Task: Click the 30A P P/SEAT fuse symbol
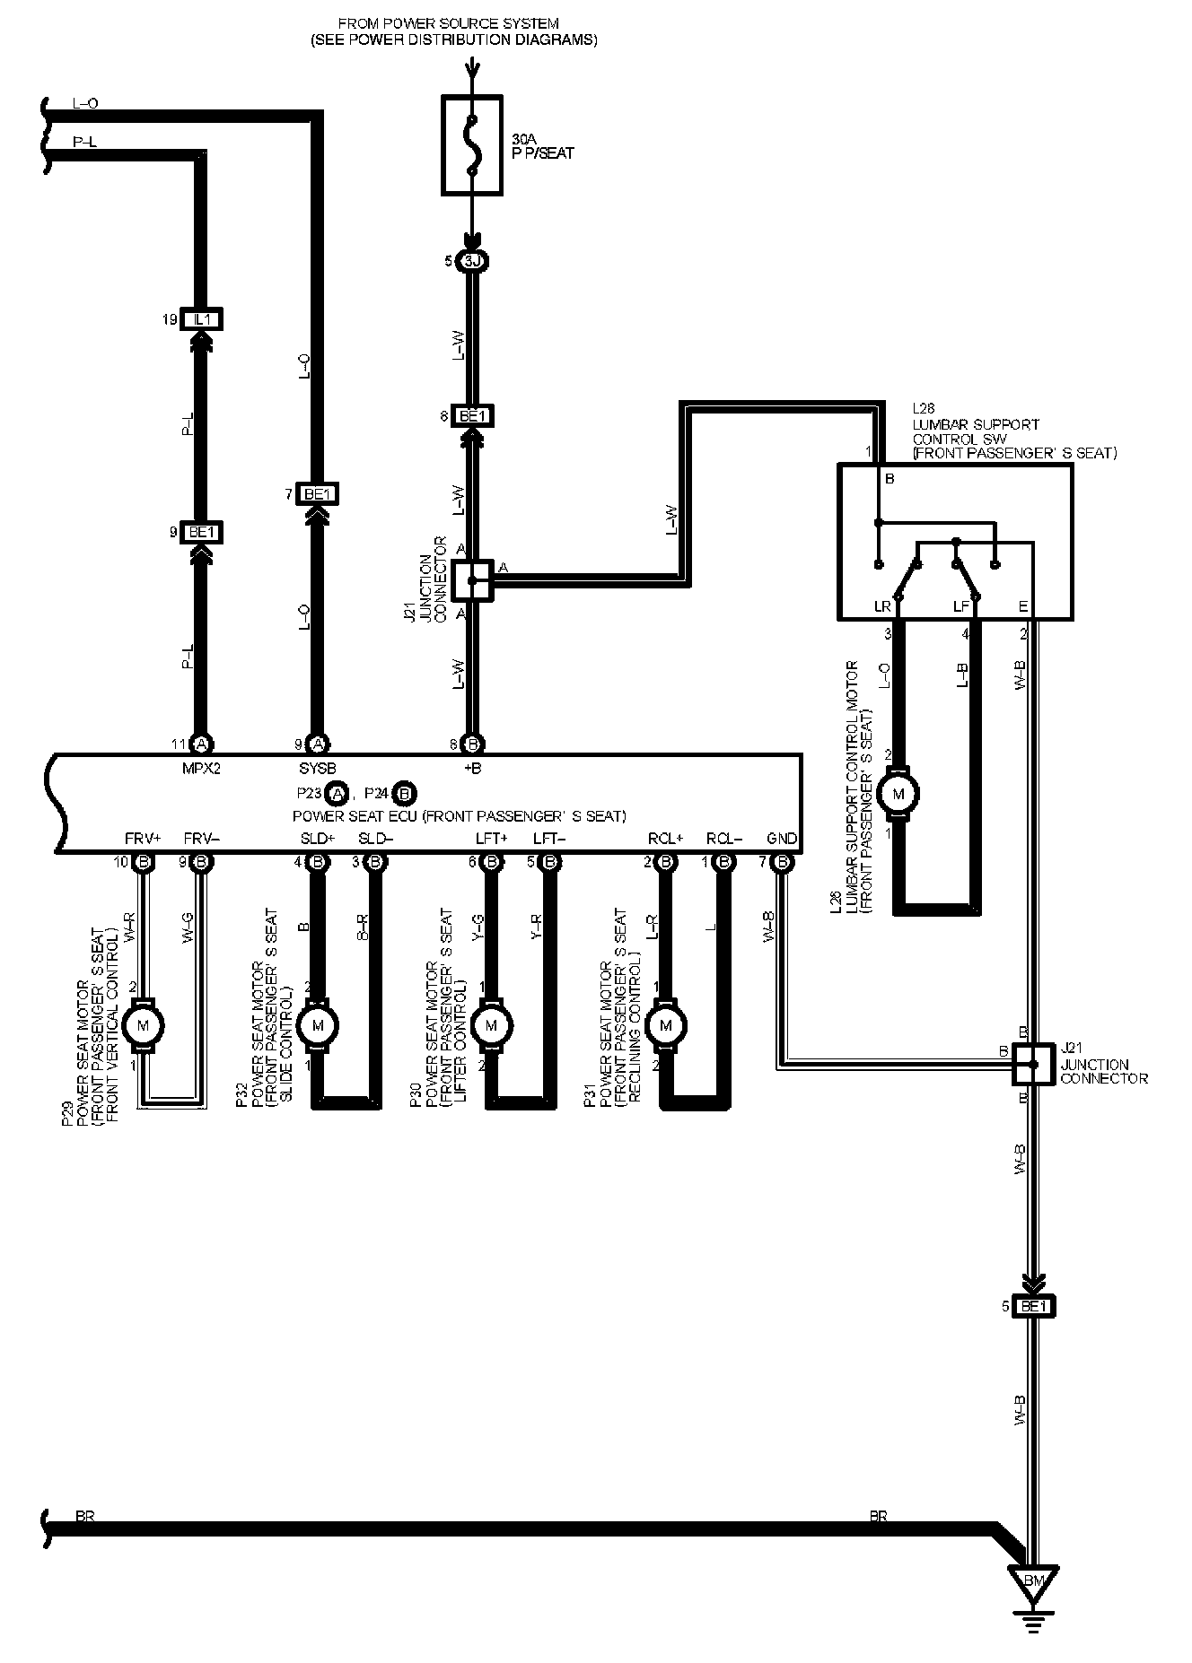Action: [472, 144]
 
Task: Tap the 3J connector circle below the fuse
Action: [472, 262]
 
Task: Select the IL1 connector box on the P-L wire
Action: [202, 319]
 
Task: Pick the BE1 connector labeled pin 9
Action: [202, 533]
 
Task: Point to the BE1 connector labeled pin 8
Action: [472, 416]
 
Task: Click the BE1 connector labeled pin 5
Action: [1034, 1306]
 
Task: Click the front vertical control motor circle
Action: [142, 1024]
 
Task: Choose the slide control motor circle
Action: [317, 1024]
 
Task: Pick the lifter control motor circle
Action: [490, 1024]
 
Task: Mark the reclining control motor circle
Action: [665, 1024]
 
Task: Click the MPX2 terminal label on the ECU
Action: [201, 769]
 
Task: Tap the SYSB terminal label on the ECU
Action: [317, 769]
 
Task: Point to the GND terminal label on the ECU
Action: [782, 839]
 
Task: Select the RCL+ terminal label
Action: [666, 839]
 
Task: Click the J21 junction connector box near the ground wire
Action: [1033, 1064]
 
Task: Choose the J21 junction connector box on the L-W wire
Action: [472, 581]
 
